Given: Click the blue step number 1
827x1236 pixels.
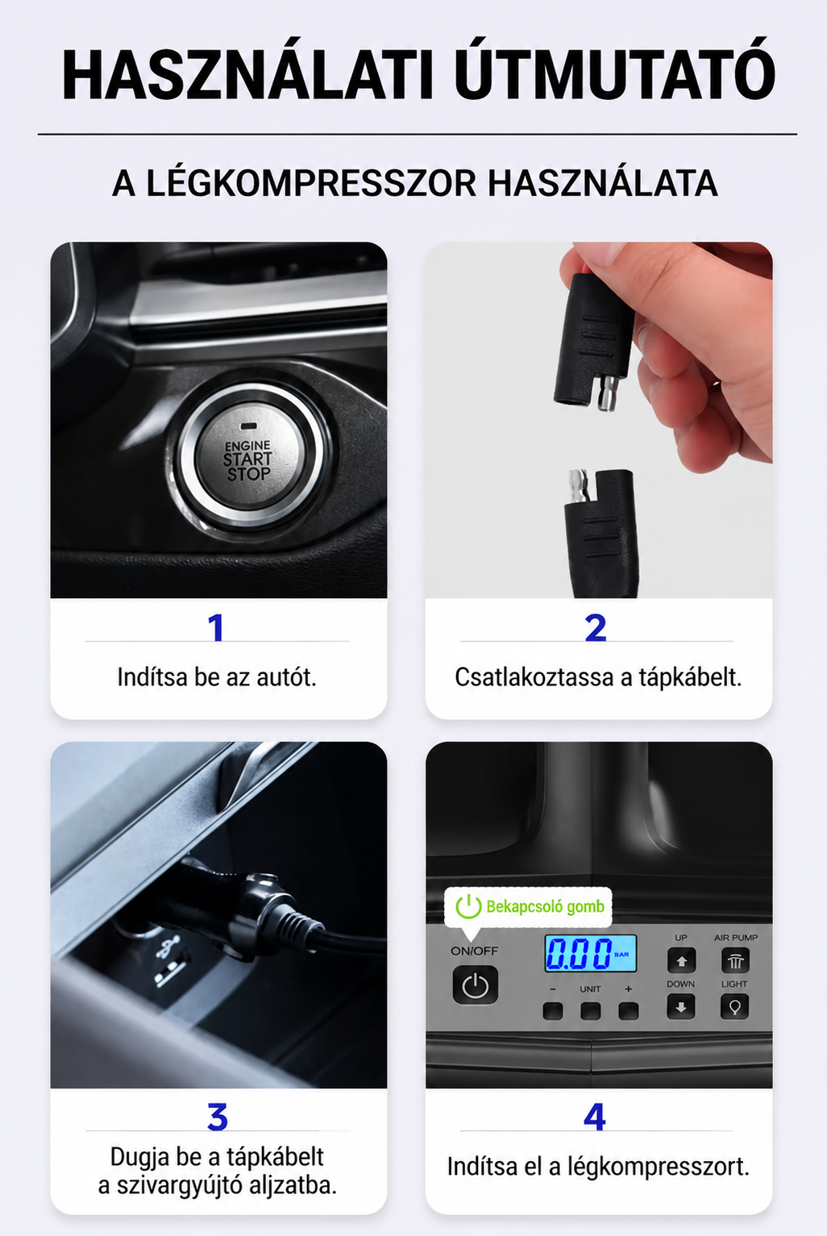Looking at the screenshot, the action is tap(216, 628).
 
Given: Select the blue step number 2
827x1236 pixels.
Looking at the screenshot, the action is tap(596, 628).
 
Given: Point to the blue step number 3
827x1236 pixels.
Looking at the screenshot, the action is tap(218, 1117).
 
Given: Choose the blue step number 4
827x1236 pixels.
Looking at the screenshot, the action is tap(595, 1117).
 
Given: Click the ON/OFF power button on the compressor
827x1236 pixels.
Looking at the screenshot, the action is tap(475, 985).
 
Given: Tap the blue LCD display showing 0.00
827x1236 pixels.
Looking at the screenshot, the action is tap(590, 953).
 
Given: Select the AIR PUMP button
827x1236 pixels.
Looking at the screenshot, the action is tap(735, 960).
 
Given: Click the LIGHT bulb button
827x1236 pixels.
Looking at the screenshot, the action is tap(734, 1007).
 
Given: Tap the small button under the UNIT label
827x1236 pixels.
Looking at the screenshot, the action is tap(590, 1011).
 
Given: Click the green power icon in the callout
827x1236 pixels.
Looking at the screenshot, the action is tap(468, 906).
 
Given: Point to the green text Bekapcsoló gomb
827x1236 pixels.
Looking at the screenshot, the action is tap(545, 906).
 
